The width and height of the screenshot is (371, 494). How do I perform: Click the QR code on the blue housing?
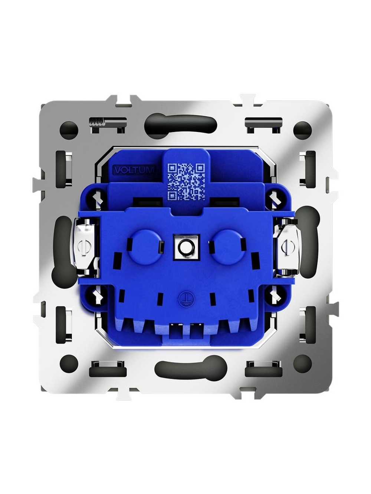coord(186,182)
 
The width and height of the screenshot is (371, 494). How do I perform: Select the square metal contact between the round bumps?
coord(186,248)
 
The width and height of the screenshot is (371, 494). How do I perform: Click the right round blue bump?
coord(229,246)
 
